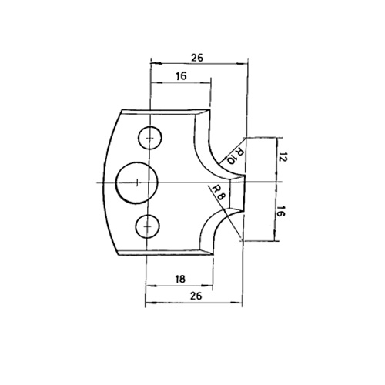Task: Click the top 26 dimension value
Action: click(x=197, y=58)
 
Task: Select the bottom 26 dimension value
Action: click(x=196, y=296)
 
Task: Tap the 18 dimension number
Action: click(x=180, y=279)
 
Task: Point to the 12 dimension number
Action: click(x=283, y=157)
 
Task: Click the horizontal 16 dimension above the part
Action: click(x=181, y=76)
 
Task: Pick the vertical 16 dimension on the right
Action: click(x=280, y=211)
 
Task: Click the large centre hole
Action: click(x=136, y=182)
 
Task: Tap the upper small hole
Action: click(x=150, y=138)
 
